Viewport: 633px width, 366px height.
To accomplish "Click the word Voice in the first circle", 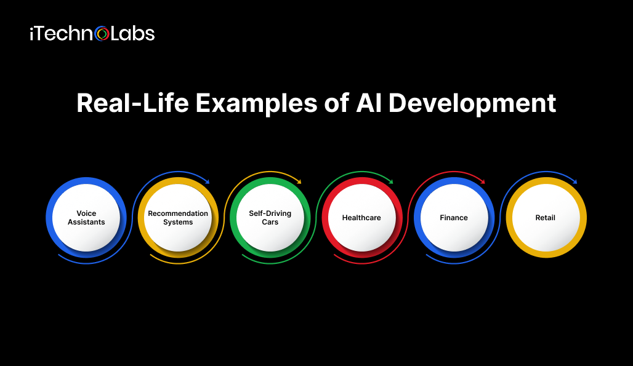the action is (86, 213).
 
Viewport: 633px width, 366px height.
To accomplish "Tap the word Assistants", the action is (86, 222).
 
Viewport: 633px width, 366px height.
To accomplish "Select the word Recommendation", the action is (178, 213).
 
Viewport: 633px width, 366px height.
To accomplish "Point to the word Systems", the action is (178, 222).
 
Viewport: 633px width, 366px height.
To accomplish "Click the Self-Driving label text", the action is (270, 213).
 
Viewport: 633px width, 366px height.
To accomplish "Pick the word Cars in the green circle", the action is (270, 222).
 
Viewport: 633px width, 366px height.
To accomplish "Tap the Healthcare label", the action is (361, 218).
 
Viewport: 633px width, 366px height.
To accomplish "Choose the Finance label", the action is (454, 218).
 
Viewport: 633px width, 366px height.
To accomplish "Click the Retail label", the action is (546, 218).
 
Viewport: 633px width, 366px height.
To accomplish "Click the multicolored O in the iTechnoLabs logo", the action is (102, 34).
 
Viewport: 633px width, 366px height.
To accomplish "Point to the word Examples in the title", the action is (256, 103).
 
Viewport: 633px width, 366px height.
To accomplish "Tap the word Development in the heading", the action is (472, 103).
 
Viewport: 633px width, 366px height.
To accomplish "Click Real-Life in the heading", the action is (133, 103).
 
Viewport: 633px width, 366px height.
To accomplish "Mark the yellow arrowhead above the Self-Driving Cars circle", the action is (299, 182).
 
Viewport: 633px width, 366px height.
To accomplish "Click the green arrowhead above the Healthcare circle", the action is (391, 182).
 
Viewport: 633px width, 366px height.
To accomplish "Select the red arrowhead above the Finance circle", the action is (482, 182).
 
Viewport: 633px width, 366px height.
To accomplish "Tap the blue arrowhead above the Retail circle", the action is (575, 182).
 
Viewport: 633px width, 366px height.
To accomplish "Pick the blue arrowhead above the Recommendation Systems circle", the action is (207, 182).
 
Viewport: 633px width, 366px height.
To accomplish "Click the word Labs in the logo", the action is (133, 34).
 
